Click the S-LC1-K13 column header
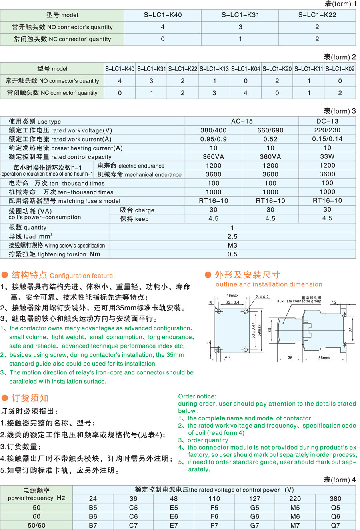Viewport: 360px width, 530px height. click(214, 69)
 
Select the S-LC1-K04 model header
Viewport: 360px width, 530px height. click(246, 69)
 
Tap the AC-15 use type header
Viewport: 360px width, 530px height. click(242, 121)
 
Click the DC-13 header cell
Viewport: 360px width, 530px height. click(327, 121)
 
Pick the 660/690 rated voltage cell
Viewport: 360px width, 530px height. click(270, 130)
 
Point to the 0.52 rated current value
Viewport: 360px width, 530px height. click(270, 139)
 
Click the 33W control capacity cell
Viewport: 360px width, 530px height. click(327, 157)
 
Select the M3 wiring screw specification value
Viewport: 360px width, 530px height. click(232, 245)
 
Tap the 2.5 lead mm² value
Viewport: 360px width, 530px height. click(232, 236)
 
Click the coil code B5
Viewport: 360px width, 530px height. click(93, 508)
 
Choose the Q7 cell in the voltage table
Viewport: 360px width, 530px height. click(335, 525)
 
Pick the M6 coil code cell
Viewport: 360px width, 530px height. click(295, 516)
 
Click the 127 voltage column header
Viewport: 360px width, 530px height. click(254, 499)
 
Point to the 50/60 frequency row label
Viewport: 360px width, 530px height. click(36, 525)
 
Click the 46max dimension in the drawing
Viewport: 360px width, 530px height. click(232, 296)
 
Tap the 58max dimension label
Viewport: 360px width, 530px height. click(324, 358)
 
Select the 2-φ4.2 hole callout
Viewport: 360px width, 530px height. click(262, 297)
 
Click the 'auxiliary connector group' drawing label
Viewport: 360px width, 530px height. click(299, 301)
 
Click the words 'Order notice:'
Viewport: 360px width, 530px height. click(197, 396)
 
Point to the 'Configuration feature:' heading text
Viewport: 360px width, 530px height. click(82, 276)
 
